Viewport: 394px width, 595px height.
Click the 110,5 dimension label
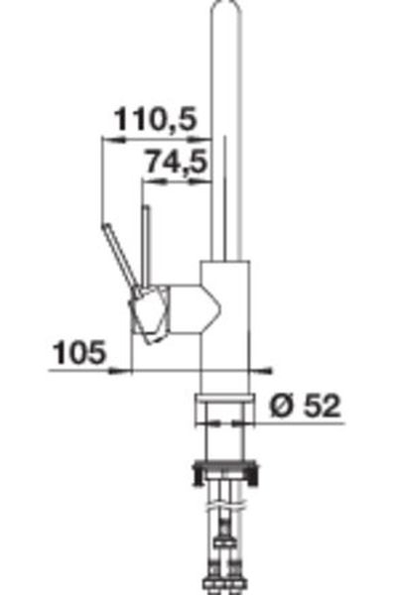tap(156, 119)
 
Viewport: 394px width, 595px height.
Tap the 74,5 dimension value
tap(177, 162)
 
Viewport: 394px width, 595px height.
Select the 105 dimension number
tap(79, 352)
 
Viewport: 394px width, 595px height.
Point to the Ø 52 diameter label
tap(305, 405)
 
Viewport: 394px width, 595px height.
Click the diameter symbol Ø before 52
tap(282, 405)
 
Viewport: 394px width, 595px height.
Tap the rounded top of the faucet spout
tap(226, 8)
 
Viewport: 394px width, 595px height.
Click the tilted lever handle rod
tap(120, 257)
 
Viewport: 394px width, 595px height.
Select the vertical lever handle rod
tap(146, 246)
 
